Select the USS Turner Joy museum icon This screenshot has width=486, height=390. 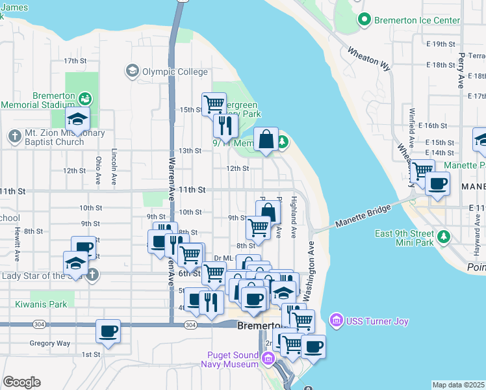pos(336,319)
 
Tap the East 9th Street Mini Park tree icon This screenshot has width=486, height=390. pos(444,235)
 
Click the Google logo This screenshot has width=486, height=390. pos(21,382)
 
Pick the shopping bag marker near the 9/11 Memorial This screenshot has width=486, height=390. pos(266,139)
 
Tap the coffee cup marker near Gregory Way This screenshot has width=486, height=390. pos(109,331)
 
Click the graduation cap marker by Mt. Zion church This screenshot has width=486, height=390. pos(78,120)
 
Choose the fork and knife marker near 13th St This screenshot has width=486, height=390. pos(225,125)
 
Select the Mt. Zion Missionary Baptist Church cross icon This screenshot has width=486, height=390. pos(15,136)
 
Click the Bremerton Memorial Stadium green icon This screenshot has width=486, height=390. pos(84,99)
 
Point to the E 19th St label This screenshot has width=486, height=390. pos(444,44)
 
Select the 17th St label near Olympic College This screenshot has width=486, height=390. pos(75,61)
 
